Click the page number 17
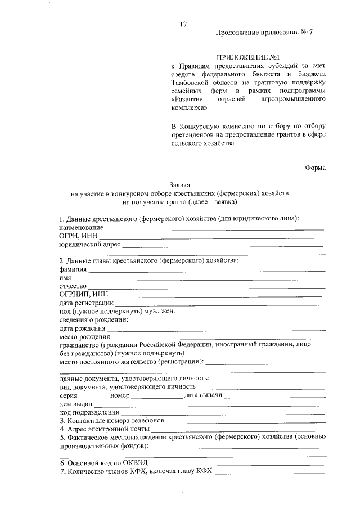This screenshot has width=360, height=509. pyautogui.click(x=183, y=24)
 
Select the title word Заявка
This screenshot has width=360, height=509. pyautogui.click(x=181, y=184)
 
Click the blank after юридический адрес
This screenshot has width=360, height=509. pyautogui.click(x=222, y=246)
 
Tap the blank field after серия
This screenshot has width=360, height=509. pyautogui.click(x=95, y=397)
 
